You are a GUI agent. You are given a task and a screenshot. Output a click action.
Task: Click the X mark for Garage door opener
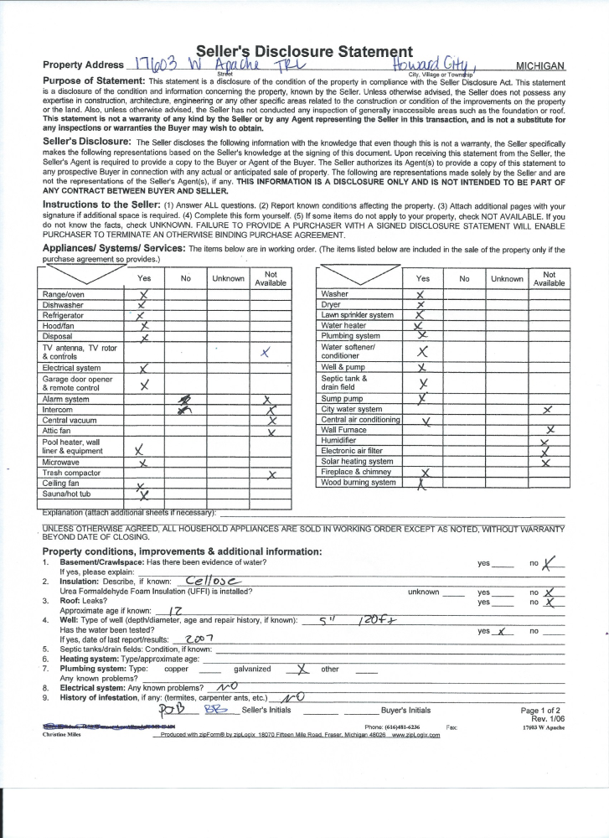pos(144,385)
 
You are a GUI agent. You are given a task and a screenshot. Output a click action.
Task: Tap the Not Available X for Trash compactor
pos(271,475)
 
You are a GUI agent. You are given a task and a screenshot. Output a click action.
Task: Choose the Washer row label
pos(335,294)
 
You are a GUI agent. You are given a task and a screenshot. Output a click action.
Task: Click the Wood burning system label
pos(359,483)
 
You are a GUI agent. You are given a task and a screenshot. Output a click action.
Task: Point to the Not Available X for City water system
pos(547,410)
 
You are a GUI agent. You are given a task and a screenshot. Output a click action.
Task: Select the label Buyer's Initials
pos(406,710)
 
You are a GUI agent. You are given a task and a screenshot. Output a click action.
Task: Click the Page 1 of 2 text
pos(540,710)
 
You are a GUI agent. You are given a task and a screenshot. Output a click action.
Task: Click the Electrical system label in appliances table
pos(71,368)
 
